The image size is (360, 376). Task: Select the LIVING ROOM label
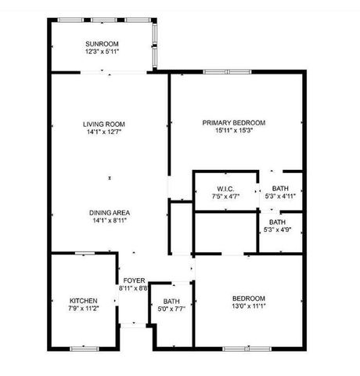[x=104, y=124]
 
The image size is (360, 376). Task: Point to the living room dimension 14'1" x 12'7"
[x=104, y=132]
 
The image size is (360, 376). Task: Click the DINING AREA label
[x=110, y=212]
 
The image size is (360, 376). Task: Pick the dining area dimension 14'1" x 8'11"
[x=110, y=220]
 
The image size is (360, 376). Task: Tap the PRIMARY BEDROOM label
[x=234, y=122]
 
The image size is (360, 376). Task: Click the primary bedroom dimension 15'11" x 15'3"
[x=234, y=130]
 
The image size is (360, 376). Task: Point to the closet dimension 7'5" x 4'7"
[x=226, y=197]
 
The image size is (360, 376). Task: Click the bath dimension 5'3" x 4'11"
[x=279, y=197]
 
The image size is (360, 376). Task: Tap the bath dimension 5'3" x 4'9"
[x=277, y=230]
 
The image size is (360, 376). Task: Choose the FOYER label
[x=132, y=280]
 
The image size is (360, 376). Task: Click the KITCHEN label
[x=83, y=301]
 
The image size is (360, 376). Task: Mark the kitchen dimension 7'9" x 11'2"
[x=83, y=309]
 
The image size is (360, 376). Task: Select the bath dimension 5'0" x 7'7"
[x=171, y=309]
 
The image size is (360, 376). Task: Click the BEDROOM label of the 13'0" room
[x=248, y=298]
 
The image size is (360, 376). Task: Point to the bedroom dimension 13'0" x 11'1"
[x=248, y=306]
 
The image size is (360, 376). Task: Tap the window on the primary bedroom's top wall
[x=217, y=73]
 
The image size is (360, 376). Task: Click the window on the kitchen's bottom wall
[x=82, y=347]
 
